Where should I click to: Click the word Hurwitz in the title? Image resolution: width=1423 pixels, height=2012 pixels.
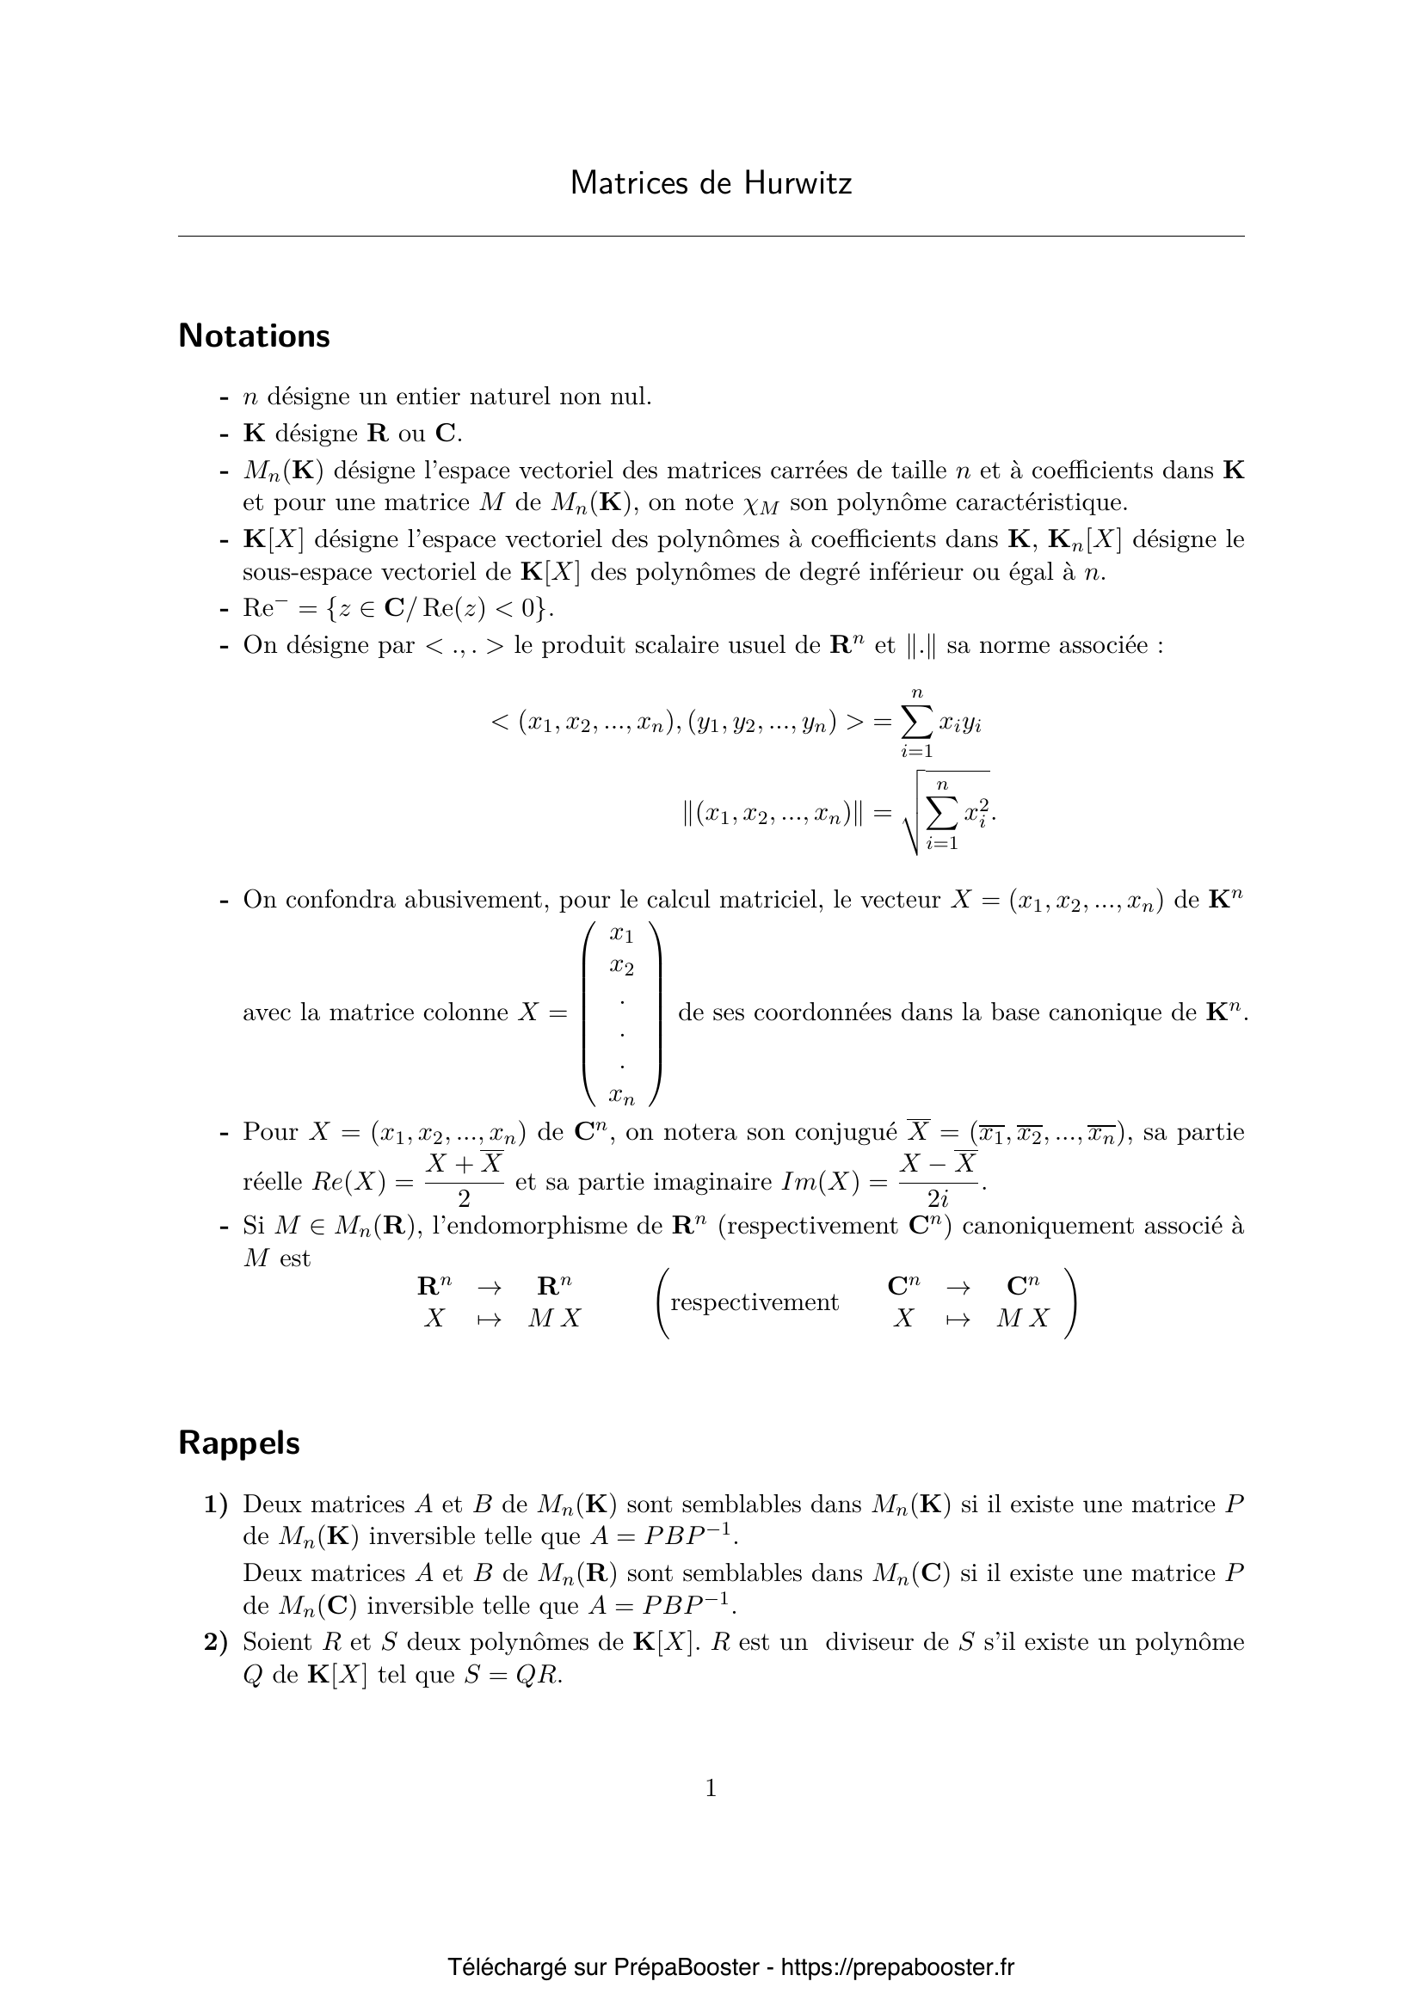tap(798, 183)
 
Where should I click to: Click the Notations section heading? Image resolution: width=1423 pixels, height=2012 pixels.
tap(254, 335)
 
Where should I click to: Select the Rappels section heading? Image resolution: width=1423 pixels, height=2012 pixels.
tap(239, 1443)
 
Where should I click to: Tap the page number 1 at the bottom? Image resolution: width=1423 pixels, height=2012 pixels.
tap(711, 1788)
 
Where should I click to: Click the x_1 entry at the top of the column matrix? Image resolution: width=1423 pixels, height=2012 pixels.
tap(622, 934)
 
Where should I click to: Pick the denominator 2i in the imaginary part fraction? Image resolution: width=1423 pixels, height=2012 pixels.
tap(938, 1198)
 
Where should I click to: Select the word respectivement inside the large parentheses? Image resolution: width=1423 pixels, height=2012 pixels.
tap(755, 1302)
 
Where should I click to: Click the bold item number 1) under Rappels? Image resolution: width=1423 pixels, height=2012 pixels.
tap(216, 1504)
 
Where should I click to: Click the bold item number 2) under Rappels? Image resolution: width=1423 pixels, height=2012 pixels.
tap(216, 1641)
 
